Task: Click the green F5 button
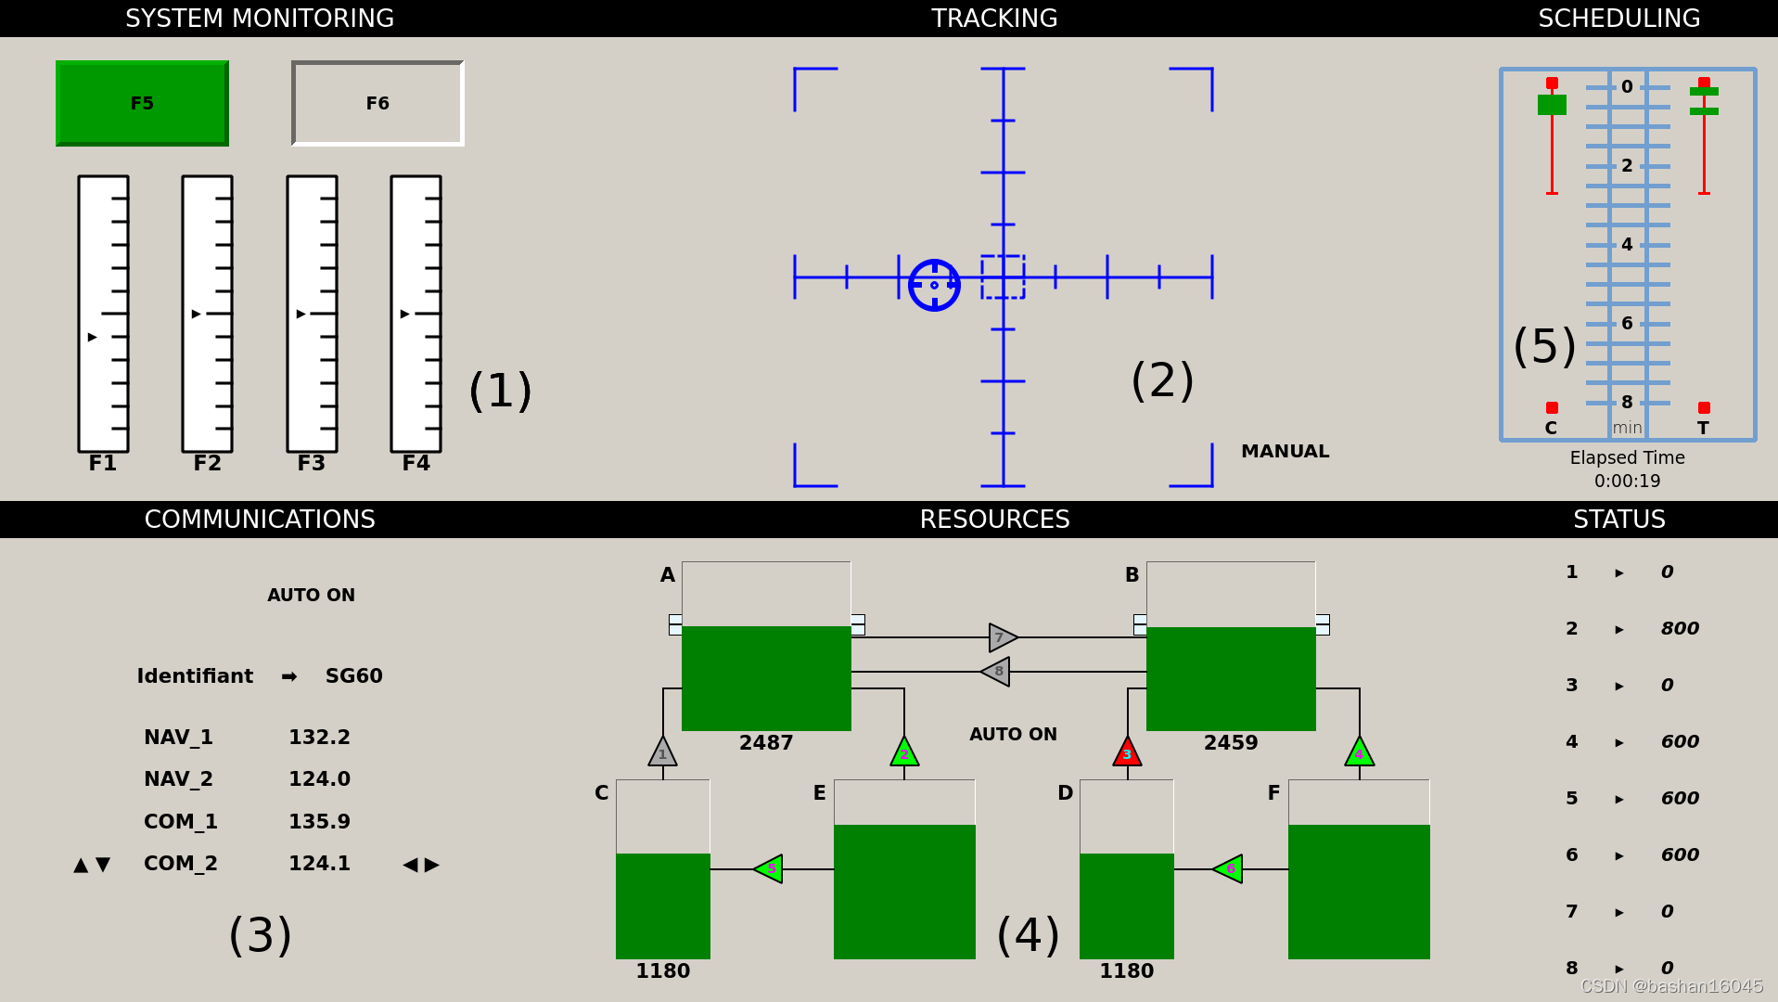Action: click(x=142, y=103)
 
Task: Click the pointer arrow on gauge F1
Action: click(x=92, y=337)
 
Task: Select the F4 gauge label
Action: click(x=416, y=463)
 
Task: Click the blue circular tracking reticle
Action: click(x=934, y=285)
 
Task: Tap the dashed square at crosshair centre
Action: click(x=1003, y=276)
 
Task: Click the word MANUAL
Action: click(x=1285, y=451)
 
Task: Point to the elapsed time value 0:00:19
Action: click(x=1627, y=481)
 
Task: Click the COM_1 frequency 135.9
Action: click(x=319, y=821)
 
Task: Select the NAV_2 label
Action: click(x=178, y=778)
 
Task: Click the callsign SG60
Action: click(x=353, y=675)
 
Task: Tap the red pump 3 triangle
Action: click(x=1127, y=752)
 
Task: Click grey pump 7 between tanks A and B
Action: click(x=1002, y=637)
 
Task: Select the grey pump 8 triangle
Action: click(x=996, y=671)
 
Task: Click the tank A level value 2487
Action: click(x=766, y=742)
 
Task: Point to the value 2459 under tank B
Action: click(x=1231, y=742)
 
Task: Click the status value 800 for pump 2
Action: click(x=1680, y=628)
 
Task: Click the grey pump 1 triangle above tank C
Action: click(x=662, y=752)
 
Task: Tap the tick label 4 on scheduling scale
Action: click(x=1627, y=244)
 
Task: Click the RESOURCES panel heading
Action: click(x=994, y=520)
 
